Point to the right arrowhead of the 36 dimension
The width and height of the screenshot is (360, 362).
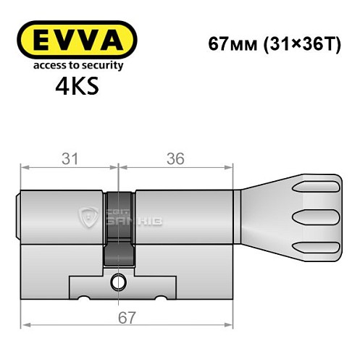[233, 167]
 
